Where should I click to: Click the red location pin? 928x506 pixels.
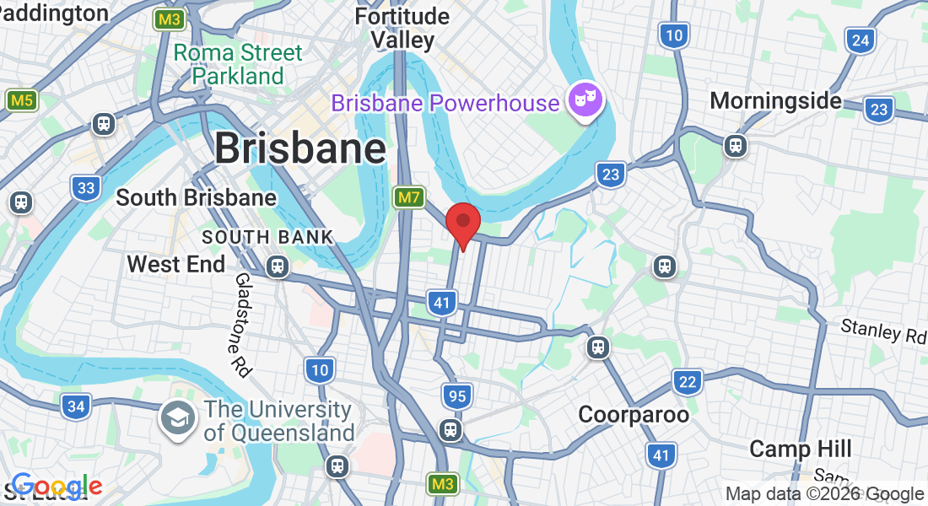pos(462,223)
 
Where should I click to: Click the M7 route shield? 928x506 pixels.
pos(408,198)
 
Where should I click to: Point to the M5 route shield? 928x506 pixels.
pos(21,101)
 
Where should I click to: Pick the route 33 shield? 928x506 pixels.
pos(86,187)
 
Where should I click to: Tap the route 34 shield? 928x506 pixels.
pos(76,406)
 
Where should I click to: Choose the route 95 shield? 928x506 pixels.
pos(456,396)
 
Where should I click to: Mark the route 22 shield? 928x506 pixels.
pos(688,382)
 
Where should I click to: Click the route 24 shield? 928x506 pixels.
pos(861,40)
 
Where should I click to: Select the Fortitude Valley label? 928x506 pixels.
pos(402,27)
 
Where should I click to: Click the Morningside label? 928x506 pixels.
pos(775,101)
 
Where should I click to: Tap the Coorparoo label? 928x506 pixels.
pos(634,415)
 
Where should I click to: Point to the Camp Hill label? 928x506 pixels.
pos(801,449)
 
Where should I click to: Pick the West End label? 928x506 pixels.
pos(175,264)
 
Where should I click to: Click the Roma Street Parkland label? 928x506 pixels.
pos(238,64)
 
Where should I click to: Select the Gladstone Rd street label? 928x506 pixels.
pos(243,325)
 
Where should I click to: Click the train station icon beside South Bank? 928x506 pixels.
pos(277,266)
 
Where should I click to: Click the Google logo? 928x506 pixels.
pos(57,487)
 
